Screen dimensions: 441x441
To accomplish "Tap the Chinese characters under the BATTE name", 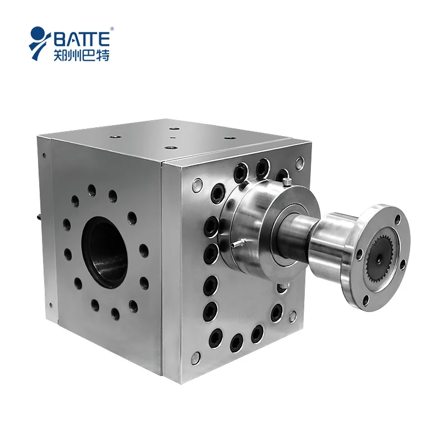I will [x=82, y=55].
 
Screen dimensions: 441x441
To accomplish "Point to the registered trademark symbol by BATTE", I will [x=112, y=29].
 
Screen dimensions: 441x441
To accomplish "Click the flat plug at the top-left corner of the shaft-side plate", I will [x=196, y=182].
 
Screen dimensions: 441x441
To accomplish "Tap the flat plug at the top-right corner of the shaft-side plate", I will [x=299, y=163].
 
